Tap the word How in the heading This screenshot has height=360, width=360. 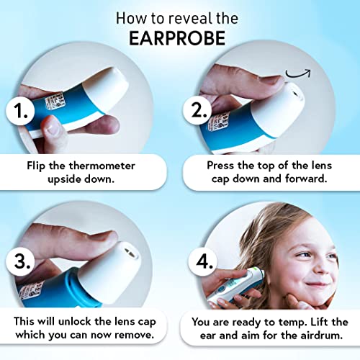pyautogui.click(x=129, y=17)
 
